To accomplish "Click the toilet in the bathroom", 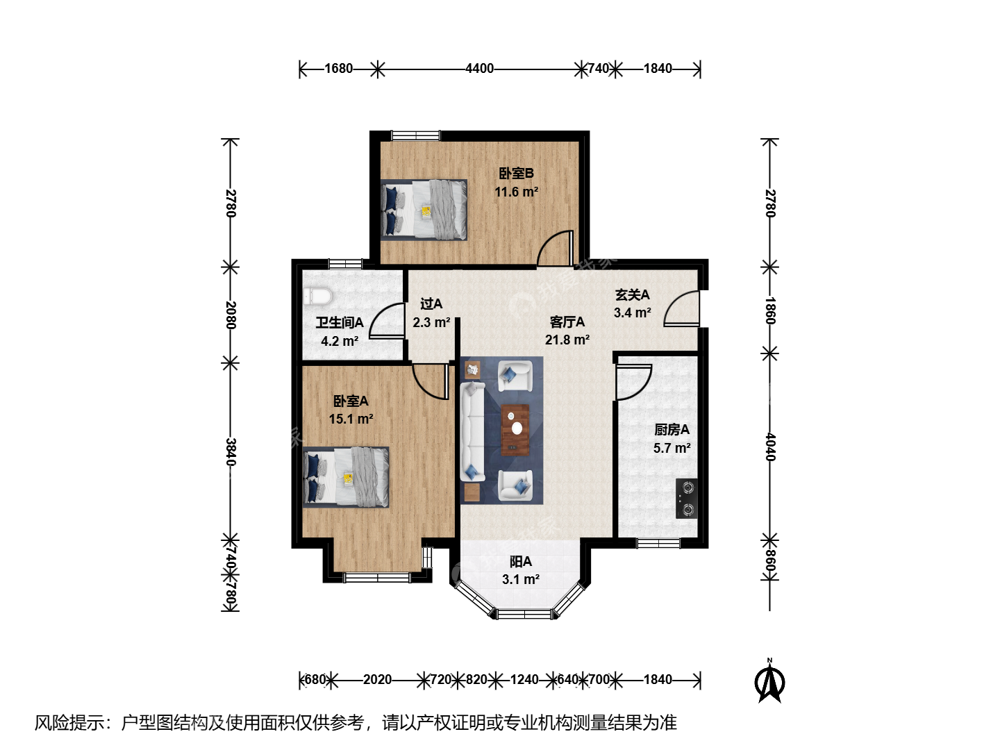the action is click(x=317, y=297).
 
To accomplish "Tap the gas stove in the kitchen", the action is click(x=687, y=499).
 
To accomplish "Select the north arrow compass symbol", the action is click(x=769, y=682).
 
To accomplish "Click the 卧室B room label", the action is click(x=516, y=174).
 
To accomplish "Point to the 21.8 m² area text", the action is click(x=567, y=340).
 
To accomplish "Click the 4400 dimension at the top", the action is click(x=480, y=69).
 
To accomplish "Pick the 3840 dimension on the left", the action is click(x=231, y=452).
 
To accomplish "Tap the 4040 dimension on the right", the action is click(x=769, y=447).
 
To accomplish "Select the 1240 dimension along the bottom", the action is click(x=524, y=680).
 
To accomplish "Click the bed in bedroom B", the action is click(x=424, y=210).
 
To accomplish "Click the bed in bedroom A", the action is click(x=347, y=477).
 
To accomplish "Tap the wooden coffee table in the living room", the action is click(x=515, y=429).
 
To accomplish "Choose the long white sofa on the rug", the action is click(x=472, y=431).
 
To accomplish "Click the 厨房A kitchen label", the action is click(x=672, y=429).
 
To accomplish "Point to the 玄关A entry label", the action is click(x=633, y=295).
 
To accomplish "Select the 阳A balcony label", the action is click(x=521, y=562).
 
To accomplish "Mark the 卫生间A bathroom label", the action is click(x=340, y=323).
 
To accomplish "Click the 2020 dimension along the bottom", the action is click(x=377, y=680).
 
